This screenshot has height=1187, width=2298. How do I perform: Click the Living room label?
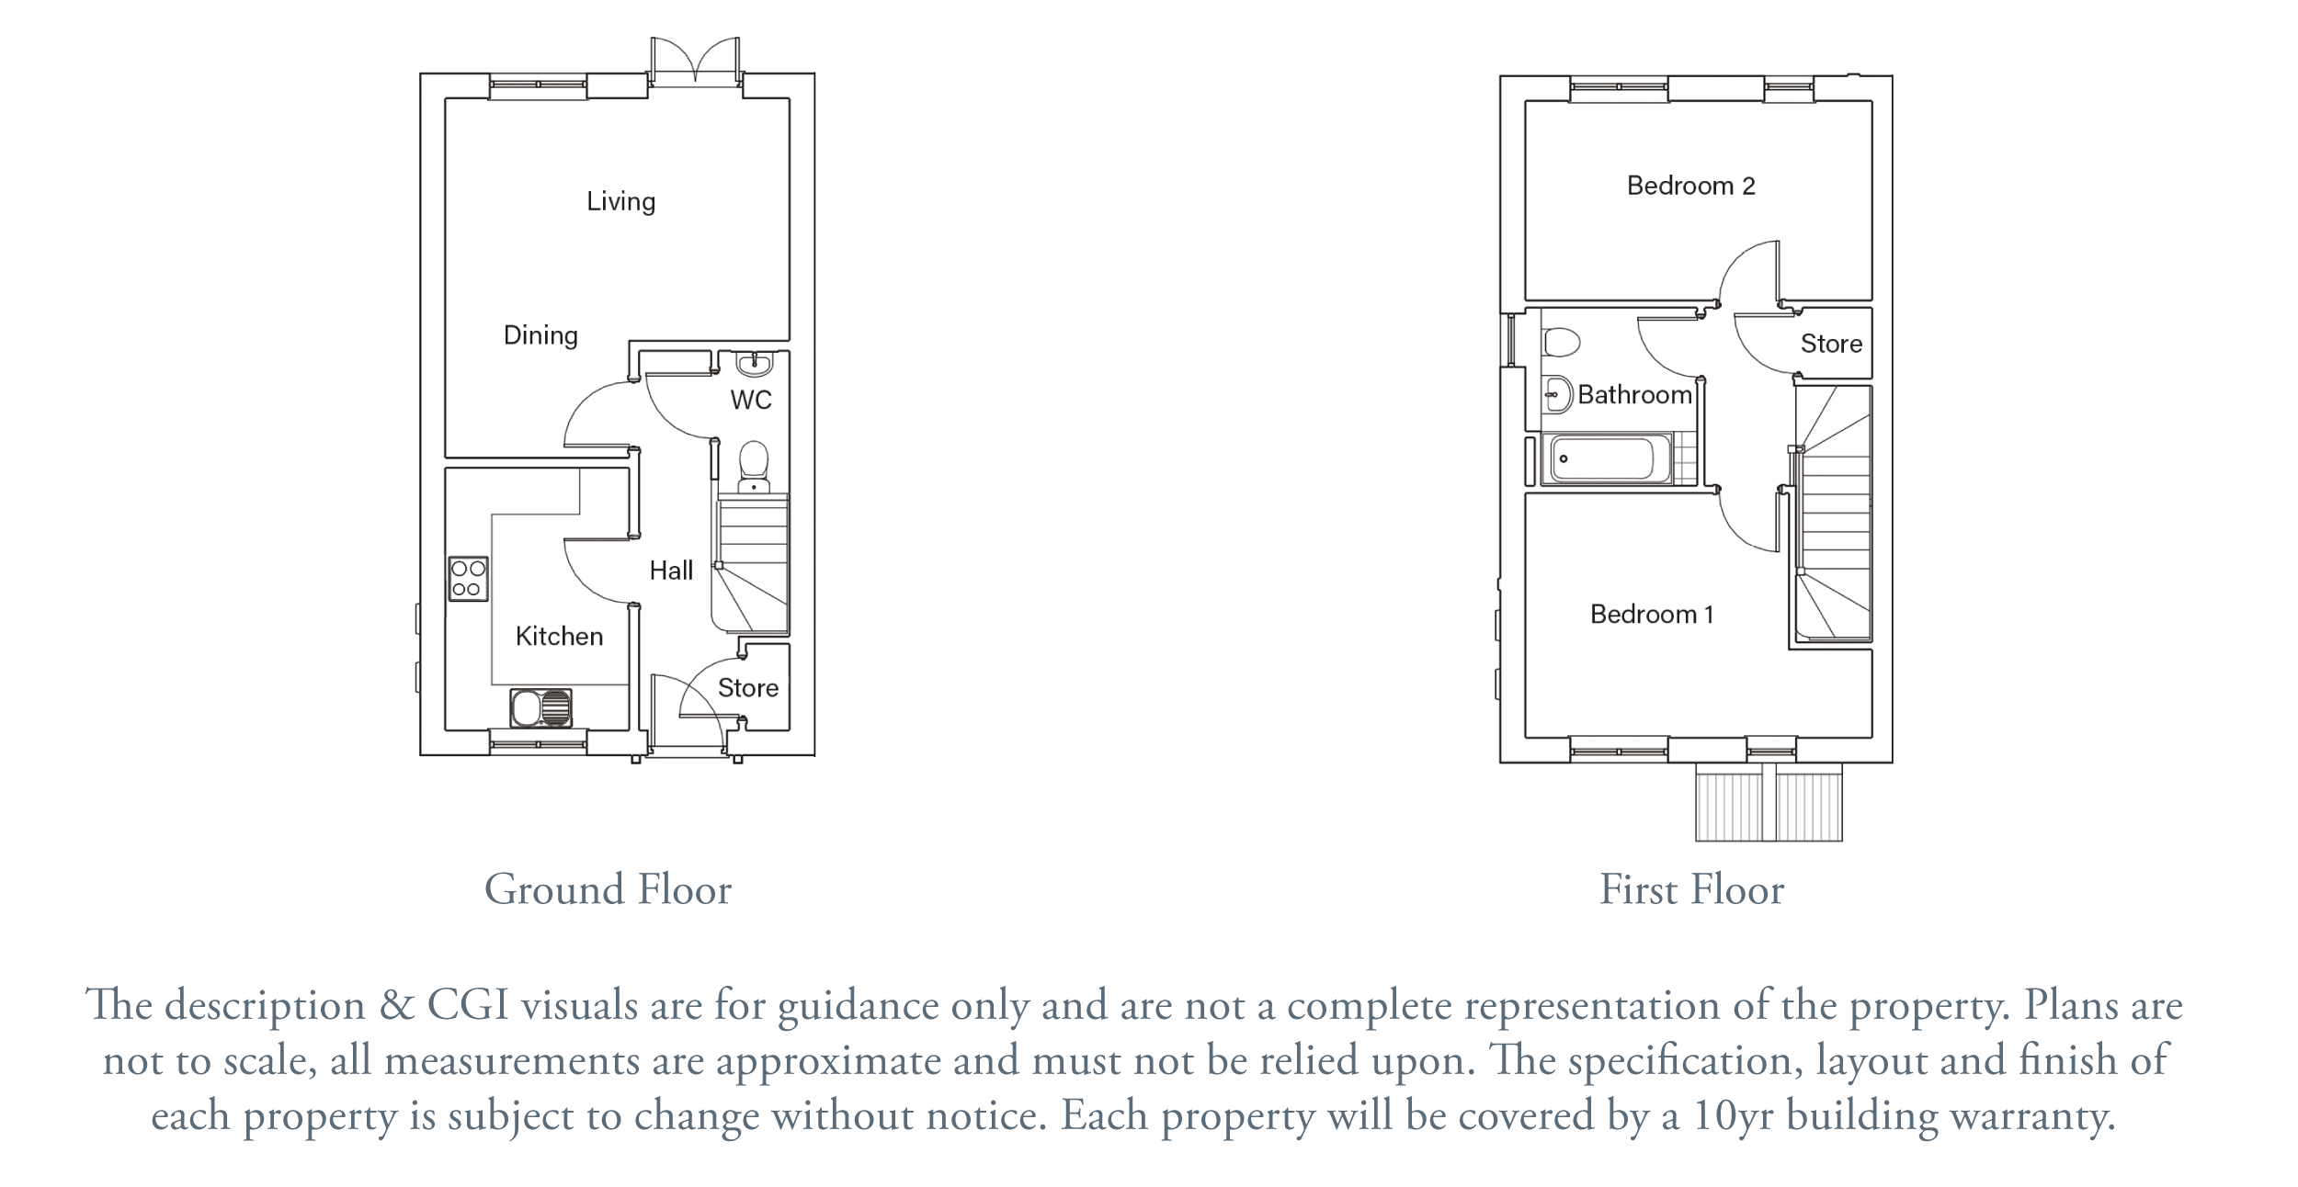pyautogui.click(x=621, y=202)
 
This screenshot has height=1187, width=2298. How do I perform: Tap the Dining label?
pyautogui.click(x=540, y=335)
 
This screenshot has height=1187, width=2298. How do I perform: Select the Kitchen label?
pyautogui.click(x=559, y=636)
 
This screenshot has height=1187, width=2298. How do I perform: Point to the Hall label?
pyautogui.click(x=671, y=571)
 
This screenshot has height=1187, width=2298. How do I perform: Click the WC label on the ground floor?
pyautogui.click(x=751, y=400)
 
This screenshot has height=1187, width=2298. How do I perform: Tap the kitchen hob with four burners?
pyautogui.click(x=468, y=579)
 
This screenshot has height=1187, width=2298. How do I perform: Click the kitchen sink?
pyautogui.click(x=540, y=708)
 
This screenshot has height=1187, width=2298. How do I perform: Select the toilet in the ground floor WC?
pyautogui.click(x=754, y=468)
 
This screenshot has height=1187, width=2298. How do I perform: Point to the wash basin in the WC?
pyautogui.click(x=755, y=364)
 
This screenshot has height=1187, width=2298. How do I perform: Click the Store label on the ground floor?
pyautogui.click(x=748, y=688)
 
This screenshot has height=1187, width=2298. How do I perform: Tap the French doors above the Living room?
pyautogui.click(x=695, y=62)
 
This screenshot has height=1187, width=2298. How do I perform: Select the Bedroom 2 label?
pyautogui.click(x=1691, y=186)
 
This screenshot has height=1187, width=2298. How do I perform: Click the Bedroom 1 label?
pyautogui.click(x=1652, y=614)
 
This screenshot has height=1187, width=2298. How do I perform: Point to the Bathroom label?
pyautogui.click(x=1635, y=395)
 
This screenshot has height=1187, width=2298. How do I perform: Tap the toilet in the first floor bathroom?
pyautogui.click(x=1561, y=343)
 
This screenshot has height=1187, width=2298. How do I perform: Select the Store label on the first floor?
pyautogui.click(x=1831, y=344)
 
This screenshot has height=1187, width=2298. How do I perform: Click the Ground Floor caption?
pyautogui.click(x=608, y=889)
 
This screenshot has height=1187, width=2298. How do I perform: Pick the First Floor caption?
pyautogui.click(x=1691, y=889)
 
